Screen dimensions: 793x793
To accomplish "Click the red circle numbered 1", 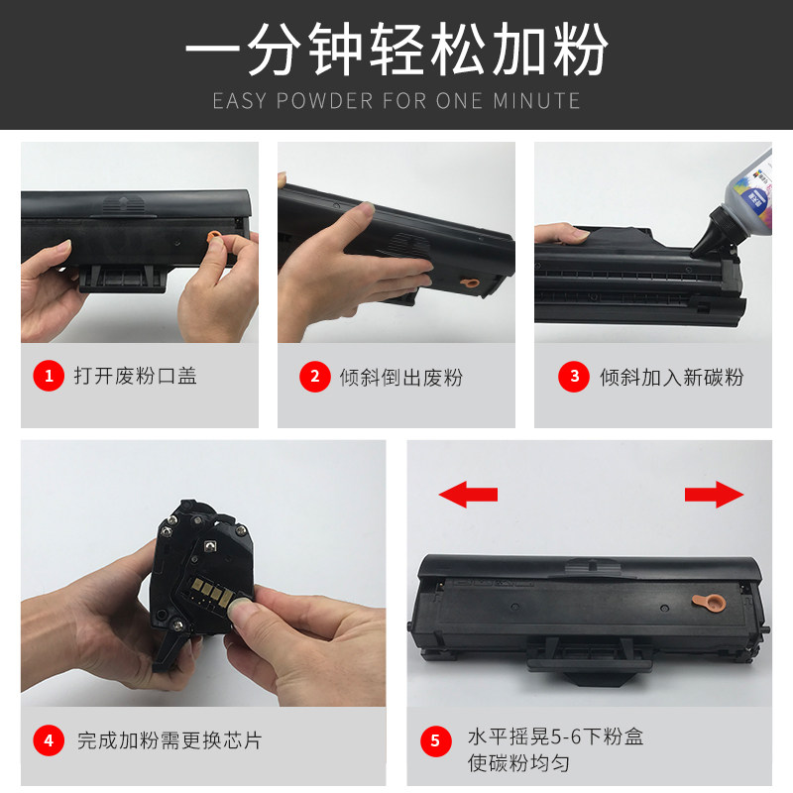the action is pyautogui.click(x=49, y=376).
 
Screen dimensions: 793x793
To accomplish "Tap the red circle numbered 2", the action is pyautogui.click(x=314, y=377).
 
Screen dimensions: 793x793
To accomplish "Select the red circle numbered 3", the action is pyautogui.click(x=574, y=377).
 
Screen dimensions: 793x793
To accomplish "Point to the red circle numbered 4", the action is pyautogui.click(x=49, y=740).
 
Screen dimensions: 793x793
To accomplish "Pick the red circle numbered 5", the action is pyautogui.click(x=435, y=740).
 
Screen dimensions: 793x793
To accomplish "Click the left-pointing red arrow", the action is pyautogui.click(x=468, y=494).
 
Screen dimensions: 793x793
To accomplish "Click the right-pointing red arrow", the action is pyautogui.click(x=714, y=494).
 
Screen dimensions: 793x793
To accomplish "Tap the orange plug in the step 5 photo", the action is pyautogui.click(x=709, y=603).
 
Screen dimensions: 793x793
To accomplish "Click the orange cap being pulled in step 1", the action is pyautogui.click(x=214, y=237).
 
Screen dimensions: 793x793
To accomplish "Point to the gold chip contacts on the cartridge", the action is pyautogui.click(x=212, y=592).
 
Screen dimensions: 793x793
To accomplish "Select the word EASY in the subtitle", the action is pyautogui.click(x=239, y=101).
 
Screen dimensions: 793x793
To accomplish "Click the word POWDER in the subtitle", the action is pyautogui.click(x=325, y=101).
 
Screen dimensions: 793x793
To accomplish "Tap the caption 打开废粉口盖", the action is pyautogui.click(x=136, y=376).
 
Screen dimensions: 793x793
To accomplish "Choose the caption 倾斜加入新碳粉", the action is pyautogui.click(x=672, y=378).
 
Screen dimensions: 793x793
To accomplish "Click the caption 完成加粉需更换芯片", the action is pyautogui.click(x=170, y=740).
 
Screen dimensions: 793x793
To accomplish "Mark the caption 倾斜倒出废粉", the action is pyautogui.click(x=401, y=378).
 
